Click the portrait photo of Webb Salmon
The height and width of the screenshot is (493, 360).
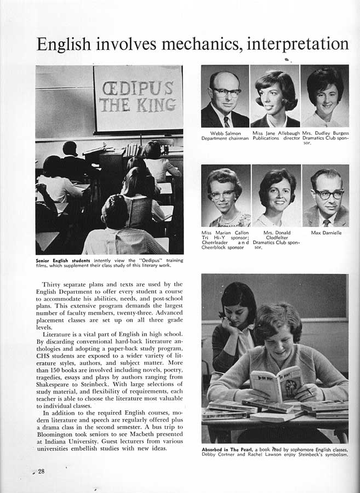[x=225, y=96]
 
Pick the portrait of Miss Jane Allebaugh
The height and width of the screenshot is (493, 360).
[x=275, y=96]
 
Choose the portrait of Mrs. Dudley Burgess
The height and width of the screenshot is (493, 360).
[x=324, y=96]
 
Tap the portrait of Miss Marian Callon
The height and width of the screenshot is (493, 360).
[x=225, y=196]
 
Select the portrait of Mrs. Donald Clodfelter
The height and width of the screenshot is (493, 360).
[x=276, y=196]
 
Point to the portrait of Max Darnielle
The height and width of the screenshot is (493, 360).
[x=325, y=196]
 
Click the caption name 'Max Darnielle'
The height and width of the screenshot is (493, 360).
[x=326, y=233]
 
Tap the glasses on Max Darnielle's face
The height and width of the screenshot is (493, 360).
[x=328, y=194]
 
